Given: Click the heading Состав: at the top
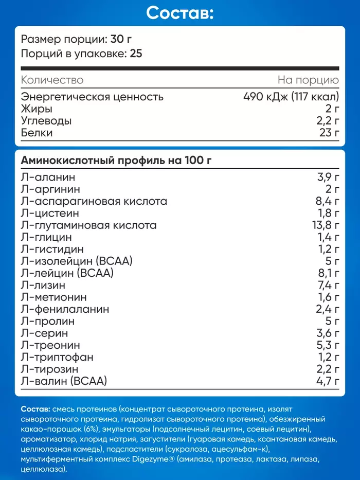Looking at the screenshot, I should [x=179, y=13].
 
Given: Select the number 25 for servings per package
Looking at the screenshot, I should [x=135, y=54].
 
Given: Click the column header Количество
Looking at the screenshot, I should [x=52, y=80].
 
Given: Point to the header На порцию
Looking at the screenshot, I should [x=308, y=80].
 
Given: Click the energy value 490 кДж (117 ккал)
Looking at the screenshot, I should [x=291, y=97].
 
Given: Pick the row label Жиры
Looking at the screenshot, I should [x=37, y=109].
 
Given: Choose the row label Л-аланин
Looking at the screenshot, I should [x=48, y=177].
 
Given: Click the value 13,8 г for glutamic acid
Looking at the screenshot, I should [x=323, y=225].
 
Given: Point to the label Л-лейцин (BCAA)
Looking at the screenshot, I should [x=67, y=273].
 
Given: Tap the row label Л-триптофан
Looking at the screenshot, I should [x=57, y=357].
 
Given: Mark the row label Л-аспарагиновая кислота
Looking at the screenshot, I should [x=94, y=201].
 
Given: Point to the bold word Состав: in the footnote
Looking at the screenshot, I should [x=35, y=409].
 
